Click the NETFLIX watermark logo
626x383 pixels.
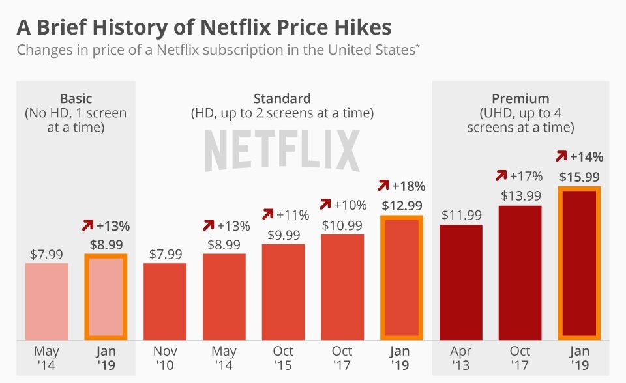[x=282, y=150]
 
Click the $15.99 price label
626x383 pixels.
[x=580, y=176]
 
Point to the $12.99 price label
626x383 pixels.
[x=401, y=206]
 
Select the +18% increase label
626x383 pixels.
[x=408, y=187]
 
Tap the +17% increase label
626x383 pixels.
[x=527, y=175]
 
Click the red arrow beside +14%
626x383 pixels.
[x=561, y=157]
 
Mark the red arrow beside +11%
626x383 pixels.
[x=267, y=214]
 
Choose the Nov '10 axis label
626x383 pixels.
[x=165, y=358]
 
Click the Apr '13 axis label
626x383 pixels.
[x=461, y=358]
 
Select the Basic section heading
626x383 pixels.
[x=76, y=99]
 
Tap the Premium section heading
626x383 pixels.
[x=520, y=99]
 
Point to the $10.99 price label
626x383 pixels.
[x=342, y=225]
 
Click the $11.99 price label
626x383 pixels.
[x=461, y=215]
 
